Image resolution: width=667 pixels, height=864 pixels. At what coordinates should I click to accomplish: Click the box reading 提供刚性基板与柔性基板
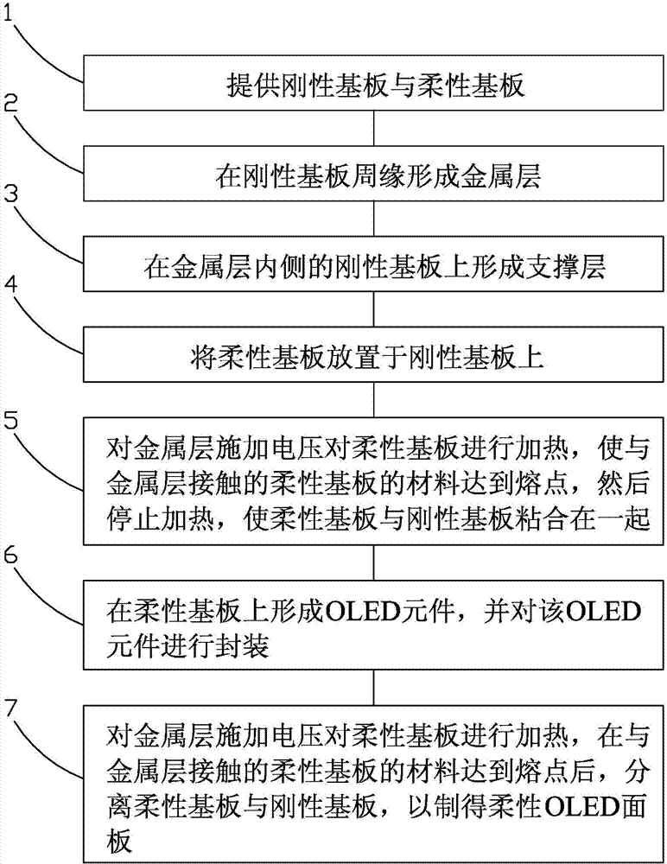[x=372, y=86]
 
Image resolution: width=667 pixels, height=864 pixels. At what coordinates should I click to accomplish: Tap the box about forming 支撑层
[x=372, y=268]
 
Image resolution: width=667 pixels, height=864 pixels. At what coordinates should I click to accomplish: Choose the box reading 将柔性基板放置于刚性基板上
[x=372, y=358]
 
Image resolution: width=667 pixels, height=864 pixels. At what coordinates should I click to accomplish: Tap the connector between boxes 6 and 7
[x=372, y=686]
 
